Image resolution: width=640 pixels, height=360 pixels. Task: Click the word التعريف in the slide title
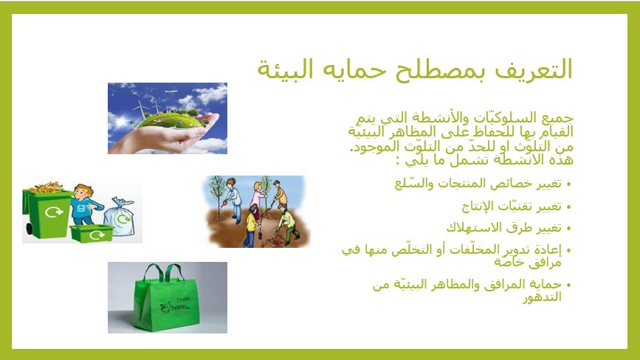tap(534, 69)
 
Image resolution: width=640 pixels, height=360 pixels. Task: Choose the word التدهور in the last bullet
tap(542, 297)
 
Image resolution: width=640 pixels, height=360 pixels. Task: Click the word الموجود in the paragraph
tap(367, 146)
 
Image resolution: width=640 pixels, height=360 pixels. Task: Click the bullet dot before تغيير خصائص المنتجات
tap(569, 185)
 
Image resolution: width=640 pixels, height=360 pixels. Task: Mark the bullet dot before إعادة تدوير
tap(569, 251)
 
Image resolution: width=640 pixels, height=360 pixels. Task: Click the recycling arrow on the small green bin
tap(97, 235)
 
